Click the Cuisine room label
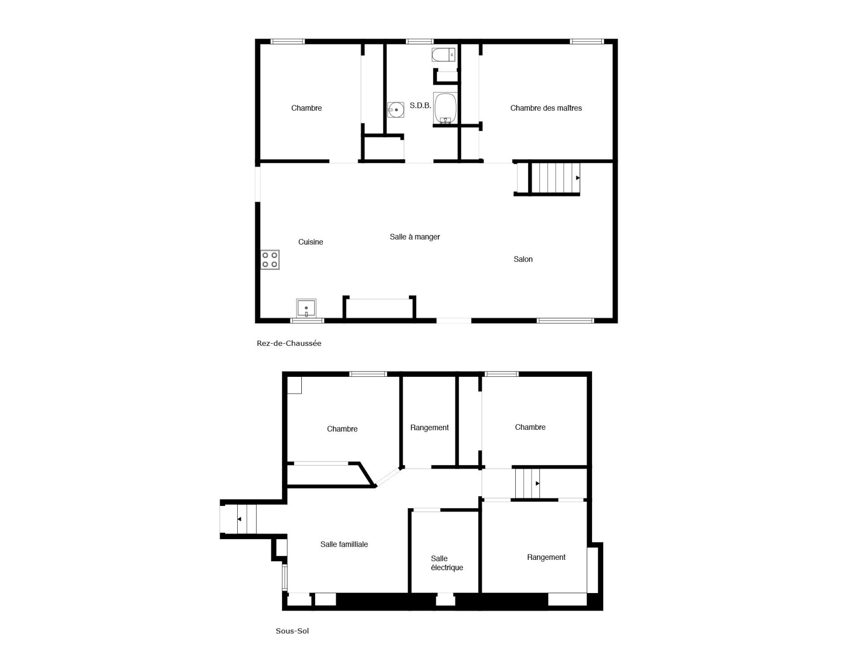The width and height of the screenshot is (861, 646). (x=310, y=242)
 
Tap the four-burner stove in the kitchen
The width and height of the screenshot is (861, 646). (x=270, y=260)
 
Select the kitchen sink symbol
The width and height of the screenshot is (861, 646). (x=306, y=308)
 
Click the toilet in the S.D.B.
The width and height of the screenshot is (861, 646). (x=444, y=55)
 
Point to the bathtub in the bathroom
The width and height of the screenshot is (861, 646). (x=445, y=108)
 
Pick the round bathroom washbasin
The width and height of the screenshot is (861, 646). (x=396, y=110)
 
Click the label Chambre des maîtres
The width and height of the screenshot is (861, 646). (x=546, y=108)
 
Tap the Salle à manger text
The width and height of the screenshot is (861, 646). (x=415, y=237)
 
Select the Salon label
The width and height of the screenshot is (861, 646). (x=523, y=259)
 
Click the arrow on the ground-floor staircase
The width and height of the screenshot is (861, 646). (x=578, y=178)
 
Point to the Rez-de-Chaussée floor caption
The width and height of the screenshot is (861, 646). (x=289, y=344)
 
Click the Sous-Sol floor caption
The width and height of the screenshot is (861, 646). (x=292, y=631)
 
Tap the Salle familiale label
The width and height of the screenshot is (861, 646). (x=344, y=545)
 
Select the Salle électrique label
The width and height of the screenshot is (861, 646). (x=447, y=563)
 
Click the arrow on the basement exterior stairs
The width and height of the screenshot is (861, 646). (x=239, y=519)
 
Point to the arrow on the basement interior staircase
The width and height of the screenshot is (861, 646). (x=537, y=484)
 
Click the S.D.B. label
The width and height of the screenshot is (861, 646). (x=420, y=106)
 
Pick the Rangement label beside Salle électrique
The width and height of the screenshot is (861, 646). (x=546, y=558)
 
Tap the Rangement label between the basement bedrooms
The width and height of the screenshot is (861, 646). (x=429, y=428)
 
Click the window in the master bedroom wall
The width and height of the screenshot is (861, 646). (x=587, y=42)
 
